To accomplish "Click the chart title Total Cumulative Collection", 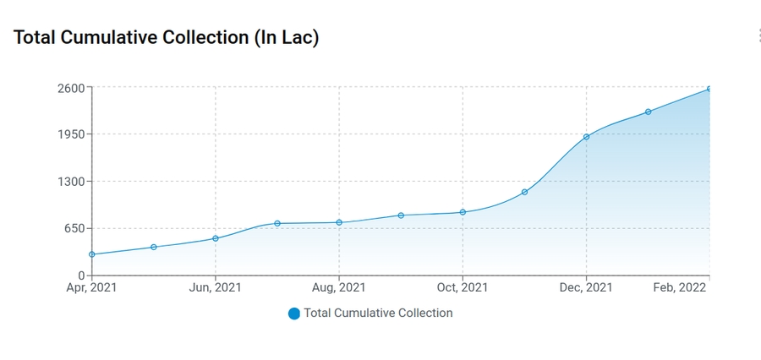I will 167,38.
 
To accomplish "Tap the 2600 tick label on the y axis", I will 70,88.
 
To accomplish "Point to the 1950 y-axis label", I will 70,134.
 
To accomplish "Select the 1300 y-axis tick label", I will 70,182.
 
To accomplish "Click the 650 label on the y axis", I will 74,228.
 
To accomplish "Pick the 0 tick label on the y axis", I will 81,275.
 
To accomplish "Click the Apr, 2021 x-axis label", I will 92,288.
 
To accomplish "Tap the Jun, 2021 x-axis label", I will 216,288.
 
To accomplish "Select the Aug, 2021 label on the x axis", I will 339,288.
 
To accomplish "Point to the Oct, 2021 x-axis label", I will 463,288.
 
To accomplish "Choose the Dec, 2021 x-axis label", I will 586,288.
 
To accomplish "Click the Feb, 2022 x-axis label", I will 680,288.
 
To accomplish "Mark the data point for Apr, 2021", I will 92,254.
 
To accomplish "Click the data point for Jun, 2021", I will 216,238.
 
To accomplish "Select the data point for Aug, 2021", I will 339,222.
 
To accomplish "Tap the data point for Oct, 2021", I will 463,212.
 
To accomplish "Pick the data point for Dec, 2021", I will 586,137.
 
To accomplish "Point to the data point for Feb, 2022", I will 709,89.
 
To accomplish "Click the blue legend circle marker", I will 294,314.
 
